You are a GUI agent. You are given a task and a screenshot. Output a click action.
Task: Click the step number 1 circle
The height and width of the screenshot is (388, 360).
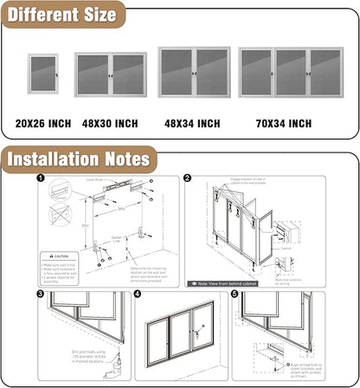41,179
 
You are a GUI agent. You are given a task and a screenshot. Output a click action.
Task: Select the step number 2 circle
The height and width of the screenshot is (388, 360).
187,178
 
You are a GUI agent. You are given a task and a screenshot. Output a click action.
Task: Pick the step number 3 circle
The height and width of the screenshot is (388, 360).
41,294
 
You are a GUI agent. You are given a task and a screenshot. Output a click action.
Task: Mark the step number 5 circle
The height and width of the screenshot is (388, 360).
235,294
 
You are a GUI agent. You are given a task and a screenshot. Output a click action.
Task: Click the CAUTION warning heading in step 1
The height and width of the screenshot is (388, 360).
61,256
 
